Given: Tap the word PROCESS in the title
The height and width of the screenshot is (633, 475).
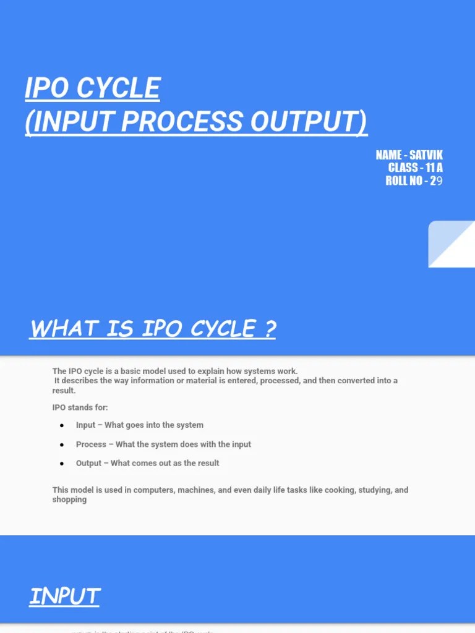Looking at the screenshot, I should coord(181,122).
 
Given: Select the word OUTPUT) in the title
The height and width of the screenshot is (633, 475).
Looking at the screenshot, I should coord(309,122).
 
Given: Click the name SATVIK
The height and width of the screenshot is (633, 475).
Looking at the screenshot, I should coord(426,155).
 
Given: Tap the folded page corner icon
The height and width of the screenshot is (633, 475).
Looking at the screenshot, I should coord(451,244).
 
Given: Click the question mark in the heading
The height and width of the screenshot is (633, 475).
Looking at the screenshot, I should coord(268,329).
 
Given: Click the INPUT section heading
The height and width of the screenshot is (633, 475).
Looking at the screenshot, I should coord(65,597).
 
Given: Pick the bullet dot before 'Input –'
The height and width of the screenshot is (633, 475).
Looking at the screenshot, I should coord(62,426).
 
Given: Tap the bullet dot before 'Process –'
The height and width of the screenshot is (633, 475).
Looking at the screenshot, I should coord(62,445).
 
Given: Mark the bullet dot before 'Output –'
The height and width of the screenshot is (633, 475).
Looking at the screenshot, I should coord(62,464).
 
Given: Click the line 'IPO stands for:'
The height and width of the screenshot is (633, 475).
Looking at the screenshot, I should coord(80,407).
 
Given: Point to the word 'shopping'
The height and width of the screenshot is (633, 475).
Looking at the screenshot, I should coord(69,499).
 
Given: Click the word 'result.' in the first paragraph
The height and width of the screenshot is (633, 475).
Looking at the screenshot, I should coord(64,391).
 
